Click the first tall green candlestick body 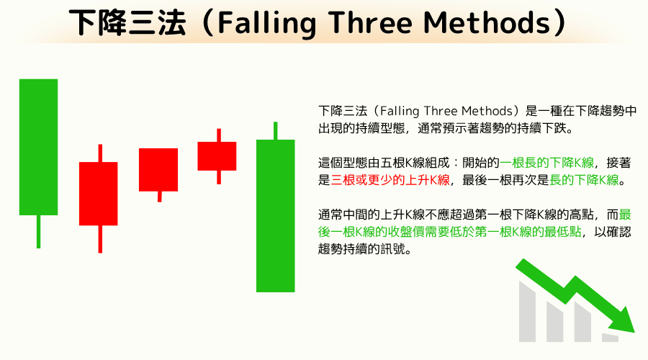click(38, 146)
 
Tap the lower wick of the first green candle click(38, 231)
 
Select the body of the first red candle click(98, 193)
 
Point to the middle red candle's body click(158, 169)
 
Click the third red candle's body click(217, 156)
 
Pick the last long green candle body click(276, 215)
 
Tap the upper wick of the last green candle click(276, 131)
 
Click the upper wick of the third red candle click(219, 135)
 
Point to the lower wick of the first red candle click(99, 238)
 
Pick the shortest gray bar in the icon click(610, 337)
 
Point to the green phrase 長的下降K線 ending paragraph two click(584, 180)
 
